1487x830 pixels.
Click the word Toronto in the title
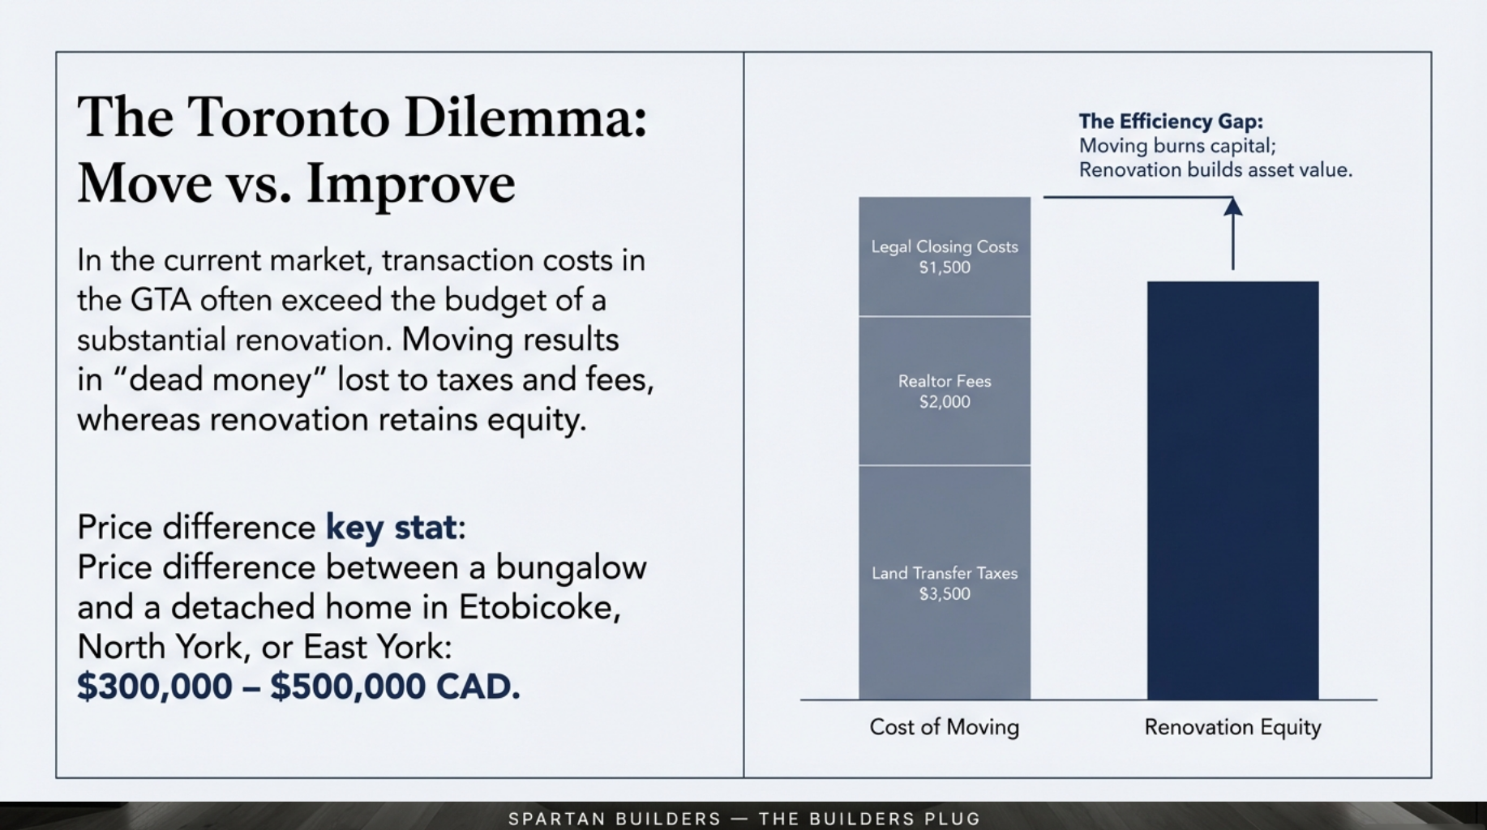coord(289,118)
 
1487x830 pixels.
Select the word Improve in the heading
coord(410,184)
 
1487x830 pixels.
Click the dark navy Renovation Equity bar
coord(1232,490)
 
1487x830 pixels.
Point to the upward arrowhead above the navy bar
coord(1233,207)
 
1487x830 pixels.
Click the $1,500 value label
coord(945,267)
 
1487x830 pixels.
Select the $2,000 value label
coord(945,402)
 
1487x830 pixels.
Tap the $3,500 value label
coord(945,594)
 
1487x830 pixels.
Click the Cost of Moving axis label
coord(945,727)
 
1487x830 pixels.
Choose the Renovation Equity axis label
coord(1232,727)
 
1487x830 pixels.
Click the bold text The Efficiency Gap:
coord(1171,122)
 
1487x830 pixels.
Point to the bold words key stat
coord(391,528)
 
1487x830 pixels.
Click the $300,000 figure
coord(155,687)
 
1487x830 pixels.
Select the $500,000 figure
coord(348,687)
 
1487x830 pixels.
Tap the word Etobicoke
coord(539,607)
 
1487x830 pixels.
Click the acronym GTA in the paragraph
coord(161,301)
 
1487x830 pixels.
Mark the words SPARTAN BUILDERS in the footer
coord(615,819)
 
